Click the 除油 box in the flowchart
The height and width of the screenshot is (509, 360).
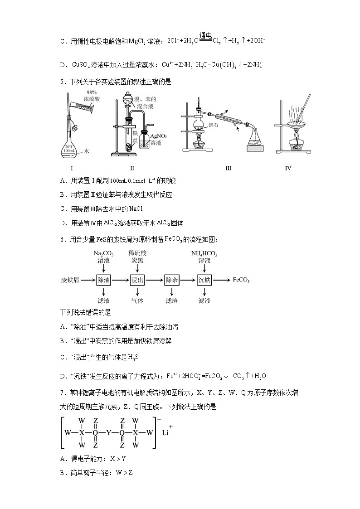(104, 280)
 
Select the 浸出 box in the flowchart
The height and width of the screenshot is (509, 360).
(137, 280)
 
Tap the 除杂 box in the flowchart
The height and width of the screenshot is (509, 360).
(172, 280)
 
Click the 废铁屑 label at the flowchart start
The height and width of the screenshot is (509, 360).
(70, 280)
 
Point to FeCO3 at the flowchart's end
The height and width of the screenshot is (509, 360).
(241, 280)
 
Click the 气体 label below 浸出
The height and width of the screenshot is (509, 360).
(137, 301)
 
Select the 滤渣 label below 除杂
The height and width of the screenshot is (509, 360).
(172, 301)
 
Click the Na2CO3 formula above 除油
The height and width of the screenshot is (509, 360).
(104, 253)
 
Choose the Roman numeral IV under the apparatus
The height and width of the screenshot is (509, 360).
(288, 168)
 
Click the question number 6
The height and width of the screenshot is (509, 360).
(62, 239)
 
